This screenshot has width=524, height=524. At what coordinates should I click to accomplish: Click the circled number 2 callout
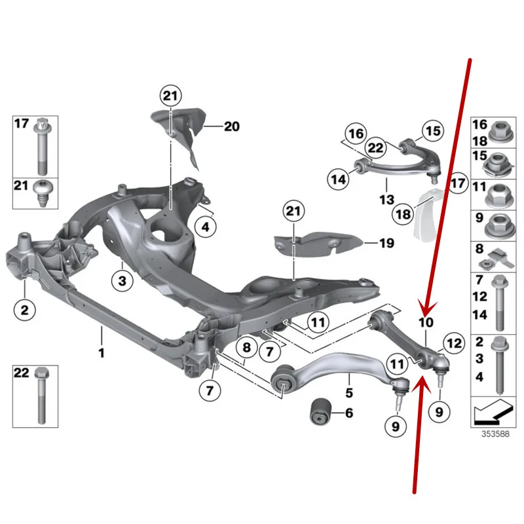[x=24, y=309]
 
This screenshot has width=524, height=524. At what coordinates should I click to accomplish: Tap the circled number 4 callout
[x=205, y=228]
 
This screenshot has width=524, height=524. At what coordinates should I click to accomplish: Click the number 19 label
[x=386, y=243]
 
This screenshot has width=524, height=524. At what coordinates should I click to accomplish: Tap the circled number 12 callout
[x=453, y=341]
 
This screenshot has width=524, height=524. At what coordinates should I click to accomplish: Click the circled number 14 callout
[x=338, y=177]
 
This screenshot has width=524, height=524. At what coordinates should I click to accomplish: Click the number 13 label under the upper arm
[x=386, y=198]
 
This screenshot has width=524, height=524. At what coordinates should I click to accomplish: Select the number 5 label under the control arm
[x=348, y=394]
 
